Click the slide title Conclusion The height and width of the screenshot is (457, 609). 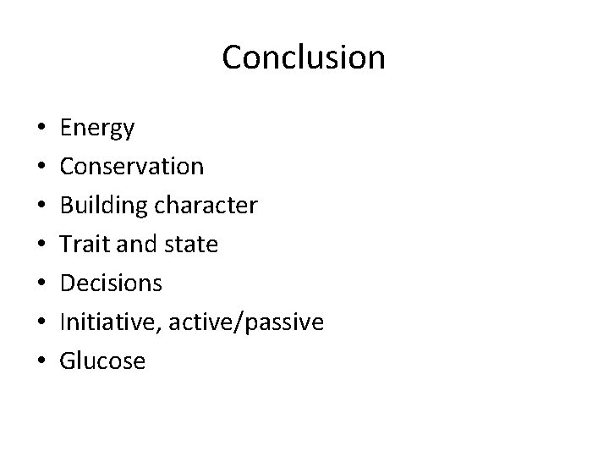click(x=304, y=58)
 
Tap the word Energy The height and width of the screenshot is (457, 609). click(x=97, y=129)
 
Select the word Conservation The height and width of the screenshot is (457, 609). click(x=131, y=167)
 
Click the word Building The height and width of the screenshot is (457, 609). click(x=100, y=206)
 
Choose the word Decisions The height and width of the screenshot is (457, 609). click(x=111, y=284)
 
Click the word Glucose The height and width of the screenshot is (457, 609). click(x=103, y=361)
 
